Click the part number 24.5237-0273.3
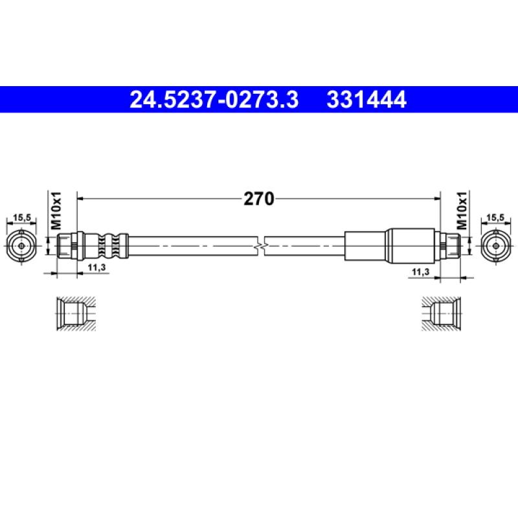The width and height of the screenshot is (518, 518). pyautogui.click(x=214, y=100)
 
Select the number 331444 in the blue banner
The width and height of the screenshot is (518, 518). pyautogui.click(x=366, y=100)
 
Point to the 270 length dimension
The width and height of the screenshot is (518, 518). pyautogui.click(x=258, y=199)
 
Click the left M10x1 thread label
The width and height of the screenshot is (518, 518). pyautogui.click(x=56, y=210)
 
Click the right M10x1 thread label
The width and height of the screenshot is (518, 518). pyautogui.click(x=462, y=210)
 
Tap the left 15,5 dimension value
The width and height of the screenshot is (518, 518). pyautogui.click(x=22, y=218)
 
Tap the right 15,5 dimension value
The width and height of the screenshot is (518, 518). pyautogui.click(x=495, y=218)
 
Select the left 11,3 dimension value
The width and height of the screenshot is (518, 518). pyautogui.click(x=96, y=267)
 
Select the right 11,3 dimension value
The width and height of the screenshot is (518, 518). pyautogui.click(x=420, y=272)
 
